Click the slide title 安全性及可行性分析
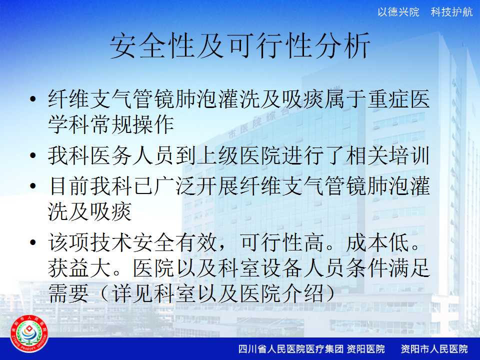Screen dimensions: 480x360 click(x=240, y=46)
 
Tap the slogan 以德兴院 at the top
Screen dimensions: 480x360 click(x=398, y=12)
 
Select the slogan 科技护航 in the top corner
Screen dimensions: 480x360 click(x=451, y=12)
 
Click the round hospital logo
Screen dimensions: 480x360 click(x=29, y=334)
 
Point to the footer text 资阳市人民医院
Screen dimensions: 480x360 click(x=434, y=348)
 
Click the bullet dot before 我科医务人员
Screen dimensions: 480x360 click(x=33, y=155)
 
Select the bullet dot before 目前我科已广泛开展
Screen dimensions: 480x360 click(x=33, y=185)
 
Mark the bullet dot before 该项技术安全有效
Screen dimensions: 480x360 click(x=33, y=242)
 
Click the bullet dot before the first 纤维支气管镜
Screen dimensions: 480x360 click(x=33, y=99)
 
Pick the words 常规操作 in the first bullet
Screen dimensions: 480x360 click(x=132, y=124)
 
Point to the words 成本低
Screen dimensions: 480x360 click(x=377, y=242)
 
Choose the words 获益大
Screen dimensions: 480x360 click(x=79, y=268)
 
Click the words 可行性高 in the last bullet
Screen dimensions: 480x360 click(x=282, y=242)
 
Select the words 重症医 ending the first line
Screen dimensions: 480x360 click(x=398, y=99)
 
